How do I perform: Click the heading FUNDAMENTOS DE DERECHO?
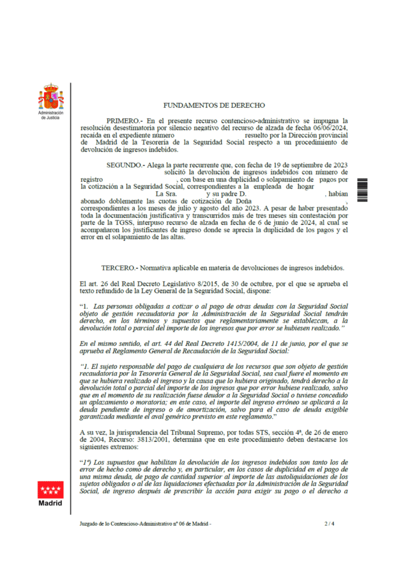[214, 105]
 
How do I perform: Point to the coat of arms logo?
[51, 97]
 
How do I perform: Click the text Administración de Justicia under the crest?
[51, 115]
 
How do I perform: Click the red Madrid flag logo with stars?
[51, 489]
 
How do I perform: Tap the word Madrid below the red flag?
[51, 503]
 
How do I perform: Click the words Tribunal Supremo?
[207, 432]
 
